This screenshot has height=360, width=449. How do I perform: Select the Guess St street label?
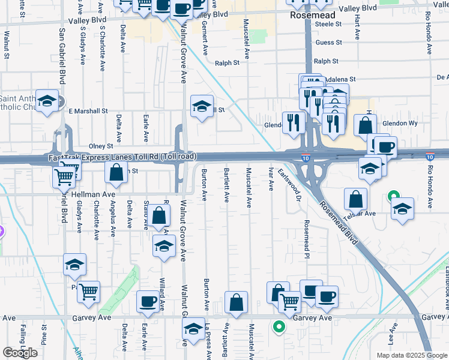(328, 43)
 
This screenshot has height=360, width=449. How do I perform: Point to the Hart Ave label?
(357, 28)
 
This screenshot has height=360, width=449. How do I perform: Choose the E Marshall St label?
(88, 111)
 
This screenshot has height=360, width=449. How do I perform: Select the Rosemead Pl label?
(306, 235)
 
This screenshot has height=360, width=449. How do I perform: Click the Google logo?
(20, 353)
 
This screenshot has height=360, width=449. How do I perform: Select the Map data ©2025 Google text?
(412, 355)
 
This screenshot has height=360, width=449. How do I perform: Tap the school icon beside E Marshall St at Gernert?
(202, 107)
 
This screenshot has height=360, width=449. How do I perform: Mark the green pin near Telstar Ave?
(393, 196)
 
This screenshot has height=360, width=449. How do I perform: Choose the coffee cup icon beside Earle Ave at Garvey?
(148, 302)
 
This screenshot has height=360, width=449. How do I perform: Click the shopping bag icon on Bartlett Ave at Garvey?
(237, 303)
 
